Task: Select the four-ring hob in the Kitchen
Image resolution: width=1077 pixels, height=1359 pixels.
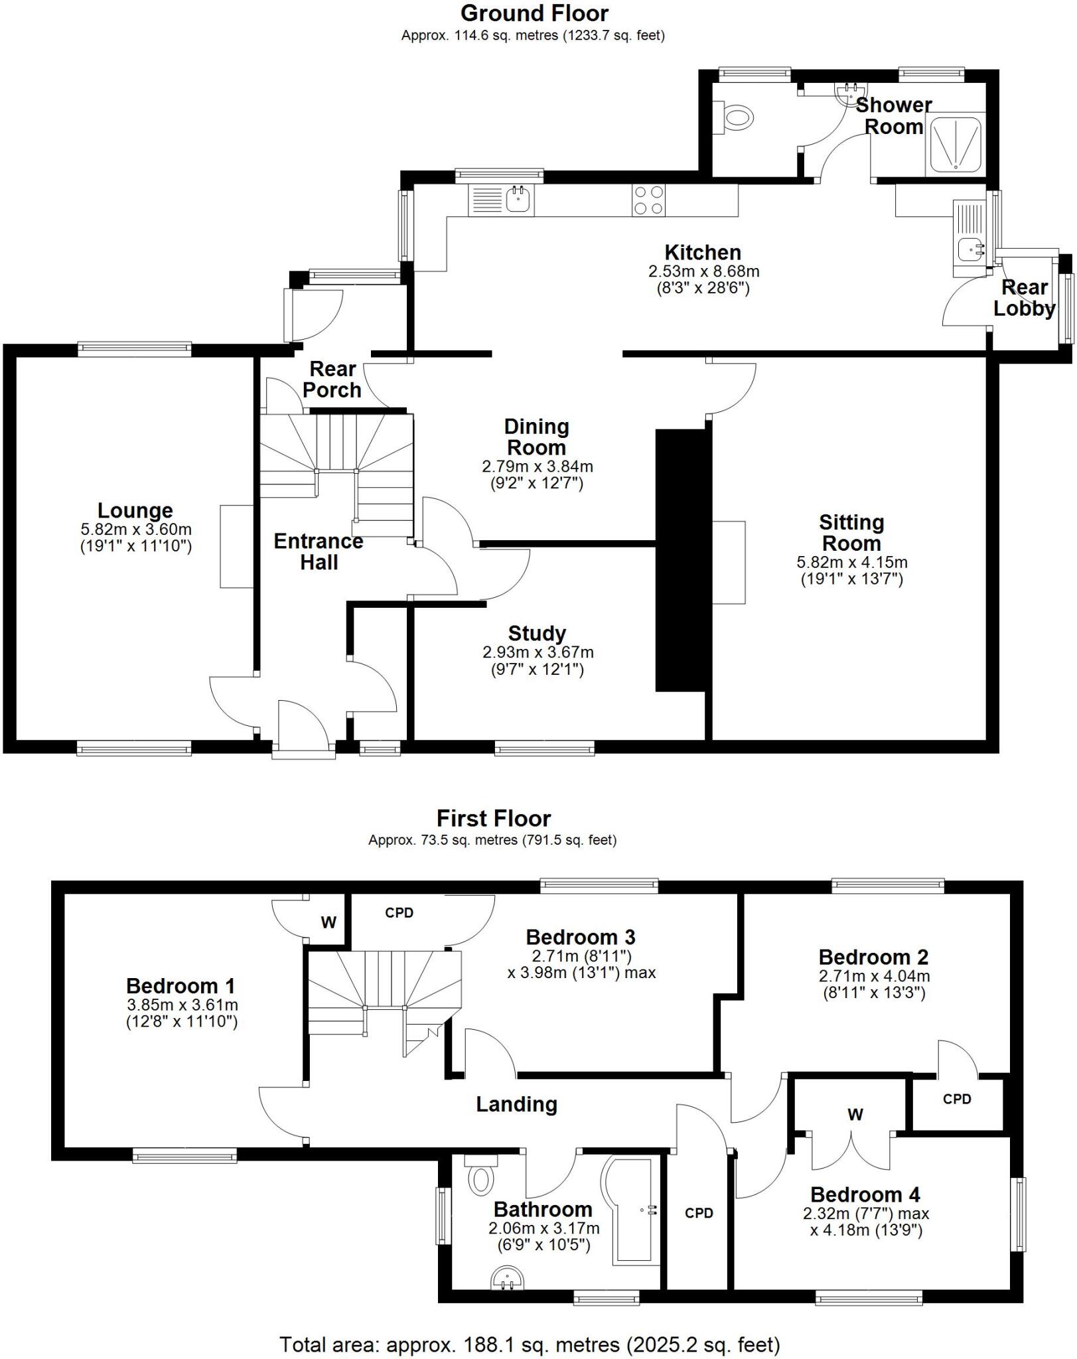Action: coord(648,200)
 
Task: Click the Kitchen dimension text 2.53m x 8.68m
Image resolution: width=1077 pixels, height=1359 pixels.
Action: coord(703,271)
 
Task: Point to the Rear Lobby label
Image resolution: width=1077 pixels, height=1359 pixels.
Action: coord(1024,298)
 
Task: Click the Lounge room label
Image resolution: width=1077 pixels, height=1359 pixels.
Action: coord(135,510)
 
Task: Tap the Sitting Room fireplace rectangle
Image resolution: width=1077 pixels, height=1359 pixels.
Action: coord(729,563)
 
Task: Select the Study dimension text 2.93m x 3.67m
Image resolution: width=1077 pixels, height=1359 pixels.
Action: coord(538,652)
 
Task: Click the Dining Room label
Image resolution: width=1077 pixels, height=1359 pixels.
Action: coord(536,437)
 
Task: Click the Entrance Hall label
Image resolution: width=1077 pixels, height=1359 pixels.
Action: coord(319,551)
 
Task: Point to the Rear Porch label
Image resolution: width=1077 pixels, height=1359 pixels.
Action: coord(332,379)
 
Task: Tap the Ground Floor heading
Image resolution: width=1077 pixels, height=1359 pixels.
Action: coord(534,13)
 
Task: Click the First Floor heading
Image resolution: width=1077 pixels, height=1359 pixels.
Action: coord(494,818)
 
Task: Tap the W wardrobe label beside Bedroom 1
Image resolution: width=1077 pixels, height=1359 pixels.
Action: coord(328,922)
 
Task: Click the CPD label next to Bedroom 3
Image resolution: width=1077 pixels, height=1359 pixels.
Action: coord(399,912)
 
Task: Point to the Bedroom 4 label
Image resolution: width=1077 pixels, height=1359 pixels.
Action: coord(865,1195)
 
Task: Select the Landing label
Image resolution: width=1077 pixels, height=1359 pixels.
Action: coord(516,1104)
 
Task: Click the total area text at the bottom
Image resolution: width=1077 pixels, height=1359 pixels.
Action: coord(530,1344)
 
